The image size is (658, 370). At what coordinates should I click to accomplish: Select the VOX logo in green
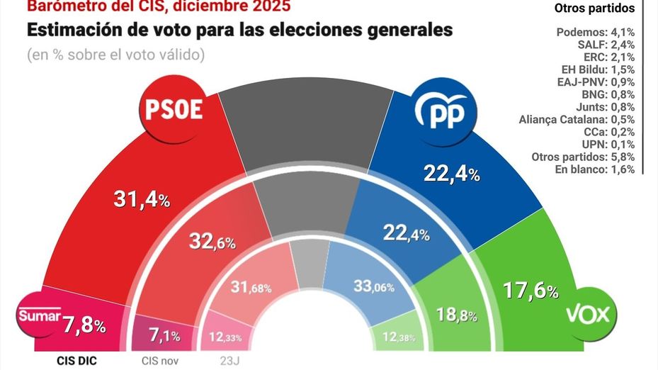(x=587, y=314)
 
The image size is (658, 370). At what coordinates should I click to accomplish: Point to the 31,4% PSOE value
(x=142, y=201)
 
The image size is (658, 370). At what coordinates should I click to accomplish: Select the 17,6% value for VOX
(x=531, y=290)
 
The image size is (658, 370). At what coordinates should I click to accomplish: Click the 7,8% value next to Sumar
(x=85, y=325)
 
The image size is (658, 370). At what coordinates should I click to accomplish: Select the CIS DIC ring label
(x=76, y=360)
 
